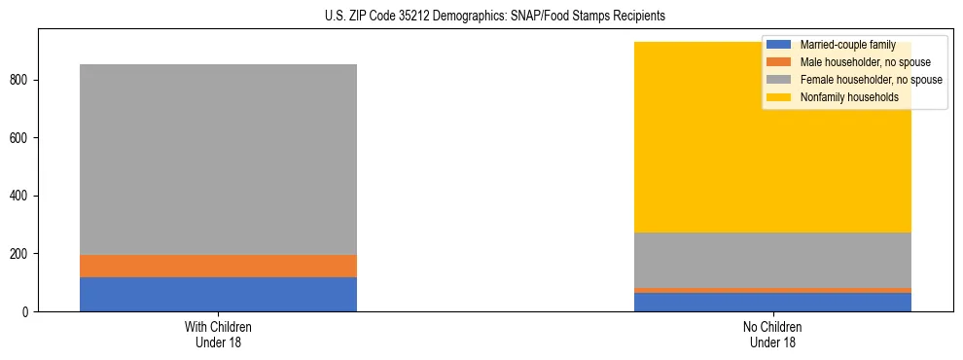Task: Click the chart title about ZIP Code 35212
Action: [481, 17]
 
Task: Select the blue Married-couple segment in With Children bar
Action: [218, 294]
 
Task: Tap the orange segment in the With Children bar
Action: [218, 266]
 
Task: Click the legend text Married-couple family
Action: [846, 45]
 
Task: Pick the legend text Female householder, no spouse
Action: [871, 80]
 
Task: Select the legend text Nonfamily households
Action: [848, 97]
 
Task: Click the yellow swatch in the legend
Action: [779, 97]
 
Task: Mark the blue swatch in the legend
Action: [779, 45]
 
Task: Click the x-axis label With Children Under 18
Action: [218, 334]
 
